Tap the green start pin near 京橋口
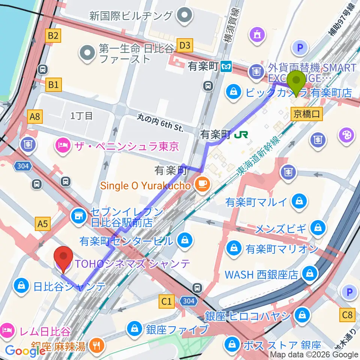coord(296,83)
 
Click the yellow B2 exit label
coord(53,36)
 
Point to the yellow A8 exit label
coord(35,117)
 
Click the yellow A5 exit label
coord(43,224)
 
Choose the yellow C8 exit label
coord(347,314)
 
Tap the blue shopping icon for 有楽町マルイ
coord(300,202)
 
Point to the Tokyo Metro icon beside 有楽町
coord(226,67)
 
